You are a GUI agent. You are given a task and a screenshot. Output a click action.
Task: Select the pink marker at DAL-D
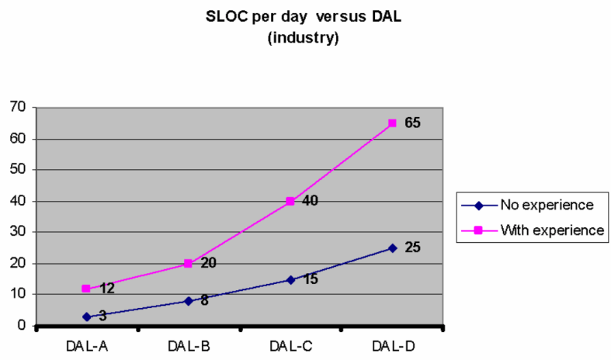tap(392, 123)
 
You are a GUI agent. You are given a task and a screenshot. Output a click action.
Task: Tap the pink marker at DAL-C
tap(290, 201)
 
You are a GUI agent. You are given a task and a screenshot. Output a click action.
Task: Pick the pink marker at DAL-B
tap(188, 264)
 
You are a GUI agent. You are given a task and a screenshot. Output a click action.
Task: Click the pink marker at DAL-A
tap(86, 289)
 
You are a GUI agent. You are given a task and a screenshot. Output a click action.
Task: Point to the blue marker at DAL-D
tap(392, 248)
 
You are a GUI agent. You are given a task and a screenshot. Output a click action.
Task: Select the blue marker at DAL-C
tap(290, 279)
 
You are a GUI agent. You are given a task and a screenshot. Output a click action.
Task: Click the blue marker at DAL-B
tap(188, 301)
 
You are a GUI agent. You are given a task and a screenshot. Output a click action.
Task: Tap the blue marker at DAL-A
tap(86, 317)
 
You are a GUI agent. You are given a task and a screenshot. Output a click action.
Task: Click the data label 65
tap(412, 123)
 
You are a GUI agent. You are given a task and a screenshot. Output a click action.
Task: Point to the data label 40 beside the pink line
tap(311, 201)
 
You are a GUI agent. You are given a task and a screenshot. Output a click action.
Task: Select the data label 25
tap(412, 247)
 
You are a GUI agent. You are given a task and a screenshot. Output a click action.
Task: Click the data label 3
tap(102, 317)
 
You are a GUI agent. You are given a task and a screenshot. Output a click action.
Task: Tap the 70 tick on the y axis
tap(18, 107)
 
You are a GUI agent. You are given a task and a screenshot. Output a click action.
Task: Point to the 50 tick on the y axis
tap(18, 170)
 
